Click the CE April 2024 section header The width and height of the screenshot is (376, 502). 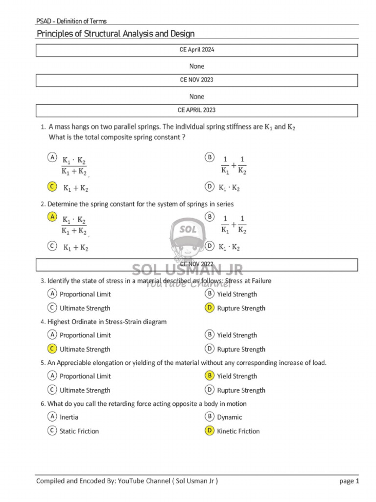pyautogui.click(x=196, y=50)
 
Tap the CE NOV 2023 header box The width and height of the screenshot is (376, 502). pyautogui.click(x=196, y=80)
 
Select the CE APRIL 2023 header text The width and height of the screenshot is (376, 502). pyautogui.click(x=196, y=110)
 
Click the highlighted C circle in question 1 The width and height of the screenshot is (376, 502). pyautogui.click(x=51, y=186)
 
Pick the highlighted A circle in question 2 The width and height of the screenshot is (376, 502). pyautogui.click(x=51, y=216)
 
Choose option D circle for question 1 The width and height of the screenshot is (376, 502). pyautogui.click(x=209, y=186)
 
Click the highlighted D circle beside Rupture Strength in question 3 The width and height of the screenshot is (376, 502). pyautogui.click(x=209, y=308)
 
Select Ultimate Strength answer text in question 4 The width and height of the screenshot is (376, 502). pyautogui.click(x=85, y=349)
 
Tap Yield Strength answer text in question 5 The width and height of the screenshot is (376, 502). pyautogui.click(x=237, y=376)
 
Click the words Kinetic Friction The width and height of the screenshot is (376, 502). pyautogui.click(x=238, y=431)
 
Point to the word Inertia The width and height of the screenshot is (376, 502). pyautogui.click(x=69, y=417)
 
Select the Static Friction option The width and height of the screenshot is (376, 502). pyautogui.click(x=79, y=431)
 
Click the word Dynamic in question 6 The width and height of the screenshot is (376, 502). pyautogui.click(x=230, y=417)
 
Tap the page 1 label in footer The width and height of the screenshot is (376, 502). pyautogui.click(x=349, y=481)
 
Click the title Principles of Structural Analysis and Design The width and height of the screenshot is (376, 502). pyautogui.click(x=116, y=33)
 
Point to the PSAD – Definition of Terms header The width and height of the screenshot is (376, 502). pyautogui.click(x=71, y=21)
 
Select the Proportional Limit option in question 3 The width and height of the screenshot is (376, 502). pyautogui.click(x=85, y=294)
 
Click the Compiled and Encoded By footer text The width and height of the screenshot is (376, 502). pyautogui.click(x=127, y=481)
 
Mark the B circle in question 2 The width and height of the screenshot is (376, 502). pyautogui.click(x=209, y=216)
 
